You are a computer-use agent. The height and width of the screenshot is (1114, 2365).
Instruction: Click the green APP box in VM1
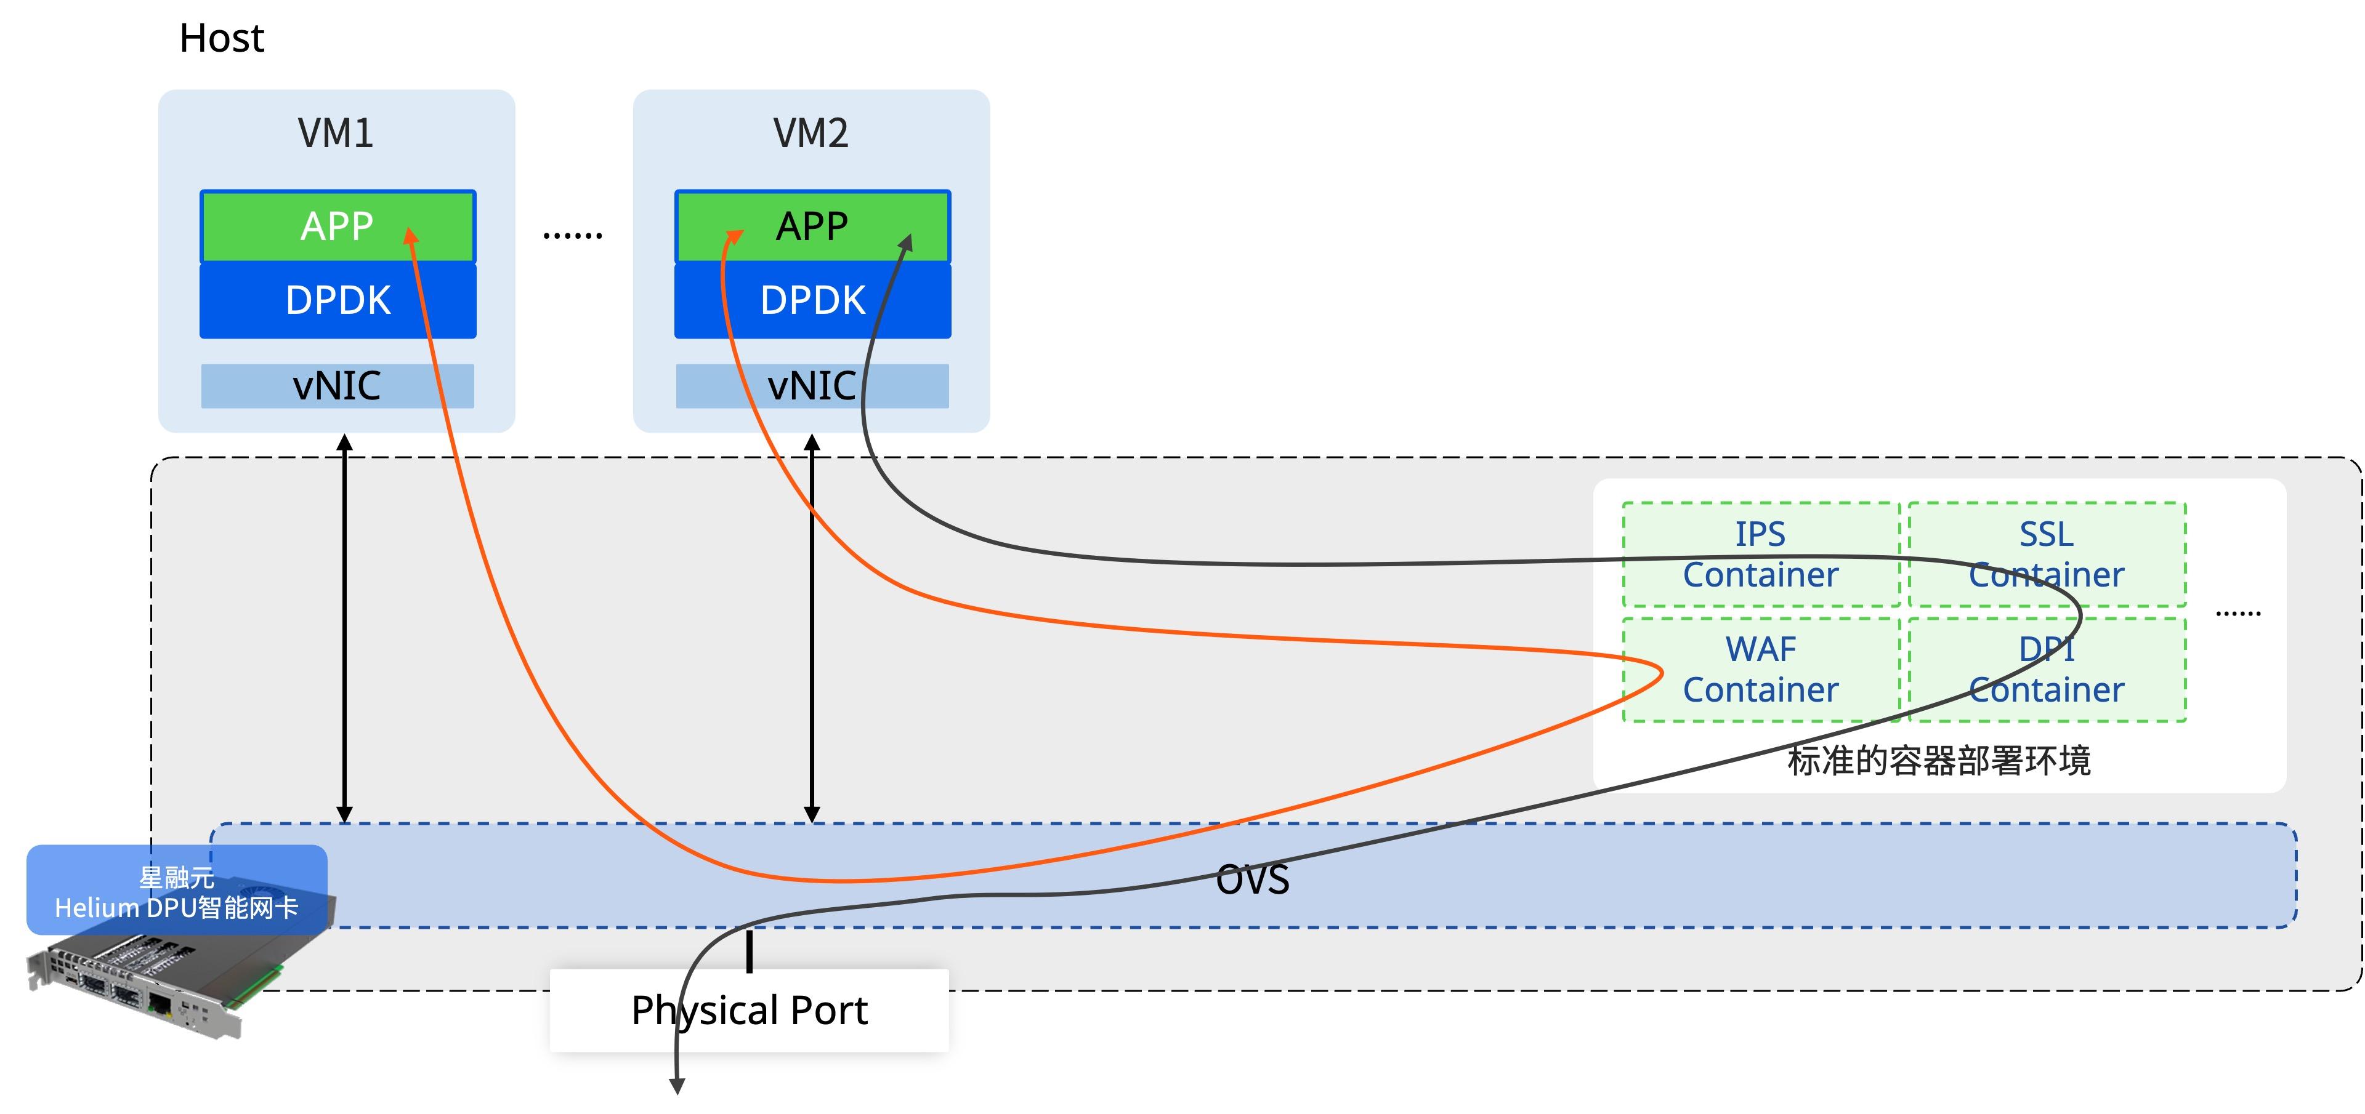point(338,226)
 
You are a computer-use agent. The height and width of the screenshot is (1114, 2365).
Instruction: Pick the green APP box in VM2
point(812,226)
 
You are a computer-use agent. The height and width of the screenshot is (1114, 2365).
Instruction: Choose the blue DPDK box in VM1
point(338,300)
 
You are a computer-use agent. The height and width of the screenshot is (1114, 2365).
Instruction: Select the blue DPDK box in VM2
point(812,300)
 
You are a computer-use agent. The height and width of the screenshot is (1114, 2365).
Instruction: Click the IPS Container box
point(1761,555)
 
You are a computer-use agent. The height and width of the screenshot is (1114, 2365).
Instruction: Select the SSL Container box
point(2047,555)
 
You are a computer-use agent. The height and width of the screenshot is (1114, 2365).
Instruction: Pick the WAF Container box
point(1761,670)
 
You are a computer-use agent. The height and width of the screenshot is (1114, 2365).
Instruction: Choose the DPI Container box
point(2047,670)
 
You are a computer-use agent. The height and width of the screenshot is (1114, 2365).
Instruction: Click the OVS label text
point(1252,879)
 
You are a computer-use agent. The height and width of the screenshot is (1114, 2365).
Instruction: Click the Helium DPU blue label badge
point(177,890)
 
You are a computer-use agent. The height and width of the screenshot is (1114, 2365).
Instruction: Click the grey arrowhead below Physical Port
point(677,1086)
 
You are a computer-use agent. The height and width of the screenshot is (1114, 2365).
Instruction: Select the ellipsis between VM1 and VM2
point(573,236)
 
